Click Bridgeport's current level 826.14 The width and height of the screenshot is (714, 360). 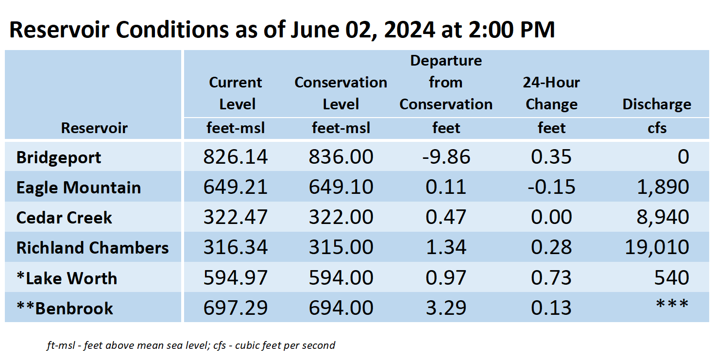(x=235, y=156)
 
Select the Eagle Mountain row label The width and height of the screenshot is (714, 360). (x=78, y=188)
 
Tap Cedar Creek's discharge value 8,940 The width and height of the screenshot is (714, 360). (x=663, y=217)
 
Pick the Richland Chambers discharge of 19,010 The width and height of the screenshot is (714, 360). (x=657, y=247)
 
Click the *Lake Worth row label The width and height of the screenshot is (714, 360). (x=67, y=278)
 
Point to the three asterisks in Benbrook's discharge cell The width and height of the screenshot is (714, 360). (x=672, y=304)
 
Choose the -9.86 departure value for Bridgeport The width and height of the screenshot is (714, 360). (x=446, y=156)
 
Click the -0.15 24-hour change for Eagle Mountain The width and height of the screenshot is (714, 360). (x=551, y=187)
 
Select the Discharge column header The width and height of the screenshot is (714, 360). (x=657, y=104)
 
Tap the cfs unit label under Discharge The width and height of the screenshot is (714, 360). (x=657, y=128)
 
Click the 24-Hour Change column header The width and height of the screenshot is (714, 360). (x=551, y=93)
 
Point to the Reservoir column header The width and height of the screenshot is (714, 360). (x=94, y=128)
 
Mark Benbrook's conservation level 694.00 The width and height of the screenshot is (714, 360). (x=341, y=308)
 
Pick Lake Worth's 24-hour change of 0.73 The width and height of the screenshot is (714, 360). (x=551, y=277)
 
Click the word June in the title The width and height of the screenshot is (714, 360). (x=315, y=29)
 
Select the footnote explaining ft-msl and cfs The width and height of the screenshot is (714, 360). (x=190, y=345)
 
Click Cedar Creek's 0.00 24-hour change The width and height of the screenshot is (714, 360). (x=551, y=217)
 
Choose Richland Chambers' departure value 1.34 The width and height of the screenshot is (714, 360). (x=446, y=247)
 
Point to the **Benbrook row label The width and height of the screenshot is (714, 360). (x=65, y=309)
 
